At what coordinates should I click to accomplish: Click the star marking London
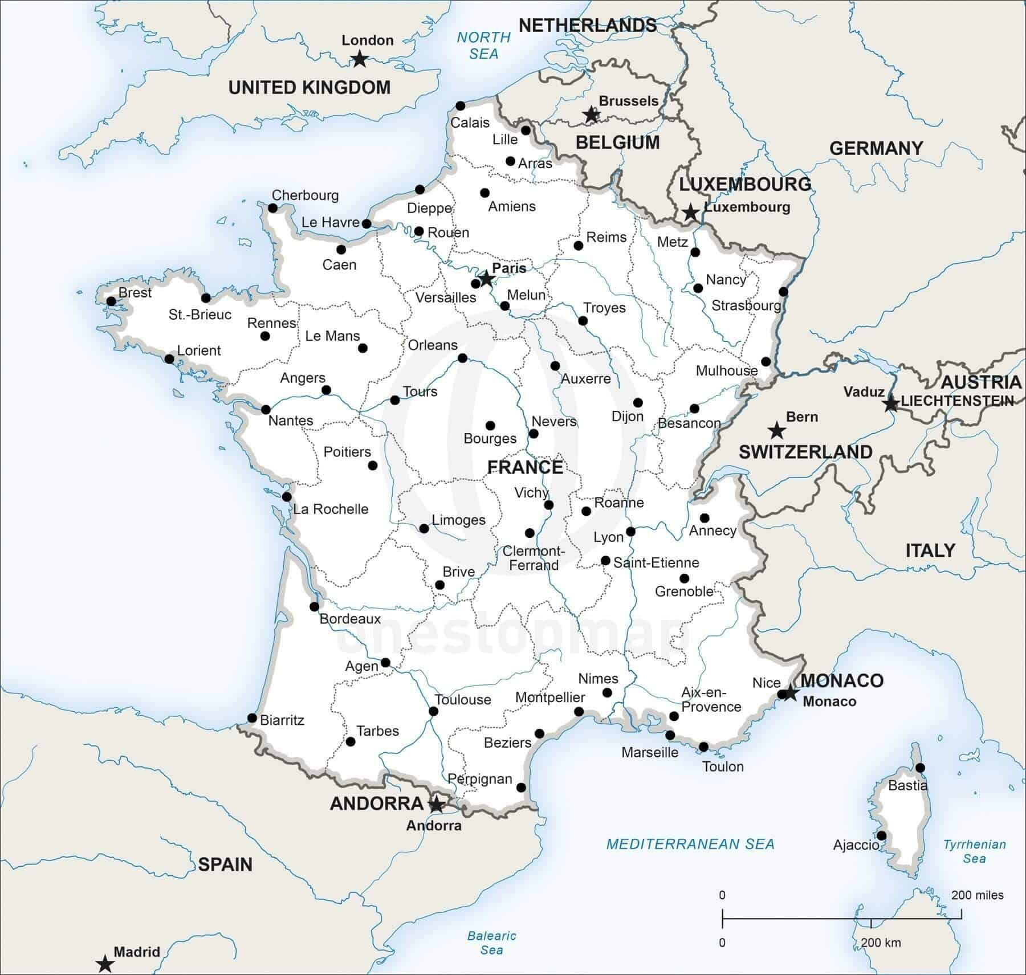point(359,59)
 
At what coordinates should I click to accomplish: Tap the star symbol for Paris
point(486,279)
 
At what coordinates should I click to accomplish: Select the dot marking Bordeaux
point(314,606)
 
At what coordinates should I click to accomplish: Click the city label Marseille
point(650,752)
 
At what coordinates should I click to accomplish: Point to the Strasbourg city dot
point(783,292)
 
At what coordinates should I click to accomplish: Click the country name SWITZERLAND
point(805,452)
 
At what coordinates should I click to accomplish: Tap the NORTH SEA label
point(484,46)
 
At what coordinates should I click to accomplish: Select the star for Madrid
point(105,964)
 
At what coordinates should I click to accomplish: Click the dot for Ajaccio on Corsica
point(881,835)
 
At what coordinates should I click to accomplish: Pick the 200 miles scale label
point(977,895)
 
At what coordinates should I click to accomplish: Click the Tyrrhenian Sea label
point(974,851)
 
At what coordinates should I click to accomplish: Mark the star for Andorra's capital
point(436,805)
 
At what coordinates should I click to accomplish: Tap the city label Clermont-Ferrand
point(534,558)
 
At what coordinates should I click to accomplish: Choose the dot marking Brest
point(111,301)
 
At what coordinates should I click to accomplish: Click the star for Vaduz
point(890,404)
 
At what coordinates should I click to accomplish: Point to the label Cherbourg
point(305,195)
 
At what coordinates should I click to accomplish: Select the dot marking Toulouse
point(433,711)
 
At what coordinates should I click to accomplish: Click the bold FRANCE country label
point(525,467)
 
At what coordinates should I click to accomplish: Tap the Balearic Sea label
point(491,943)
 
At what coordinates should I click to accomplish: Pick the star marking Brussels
point(592,115)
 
